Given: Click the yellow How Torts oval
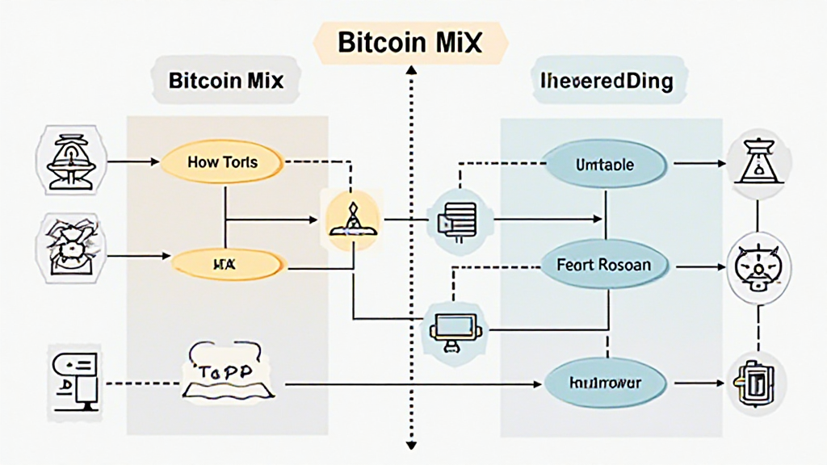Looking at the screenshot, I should (222, 162).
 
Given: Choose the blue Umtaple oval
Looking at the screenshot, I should (606, 165).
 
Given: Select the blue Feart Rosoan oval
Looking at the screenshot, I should (604, 264).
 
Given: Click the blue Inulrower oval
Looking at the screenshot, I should (605, 381).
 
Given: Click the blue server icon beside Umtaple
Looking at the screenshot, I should (452, 217).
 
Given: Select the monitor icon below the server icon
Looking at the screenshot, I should (452, 326).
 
